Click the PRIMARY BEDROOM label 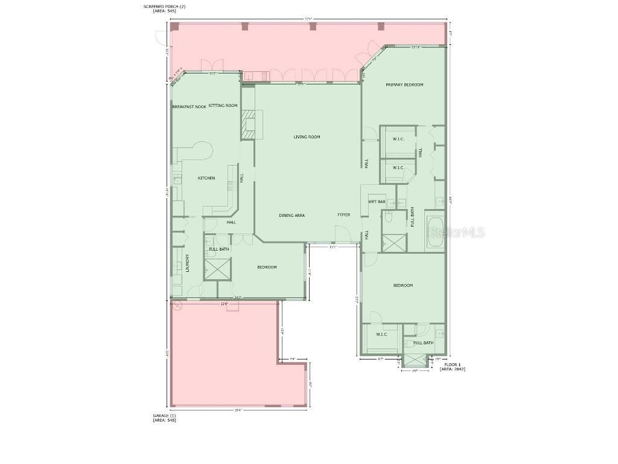point(404,85)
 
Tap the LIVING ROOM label point(307,137)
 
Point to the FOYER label point(343,215)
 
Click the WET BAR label point(377,201)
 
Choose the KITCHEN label point(206,178)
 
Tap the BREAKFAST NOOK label point(189,106)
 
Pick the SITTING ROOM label point(223,106)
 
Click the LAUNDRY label point(188,262)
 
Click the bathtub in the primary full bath point(435,232)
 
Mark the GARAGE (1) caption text point(164,416)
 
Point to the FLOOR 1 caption point(452,364)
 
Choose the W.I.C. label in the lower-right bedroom point(381,334)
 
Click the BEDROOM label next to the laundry point(267,267)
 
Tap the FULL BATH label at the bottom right point(423,343)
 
